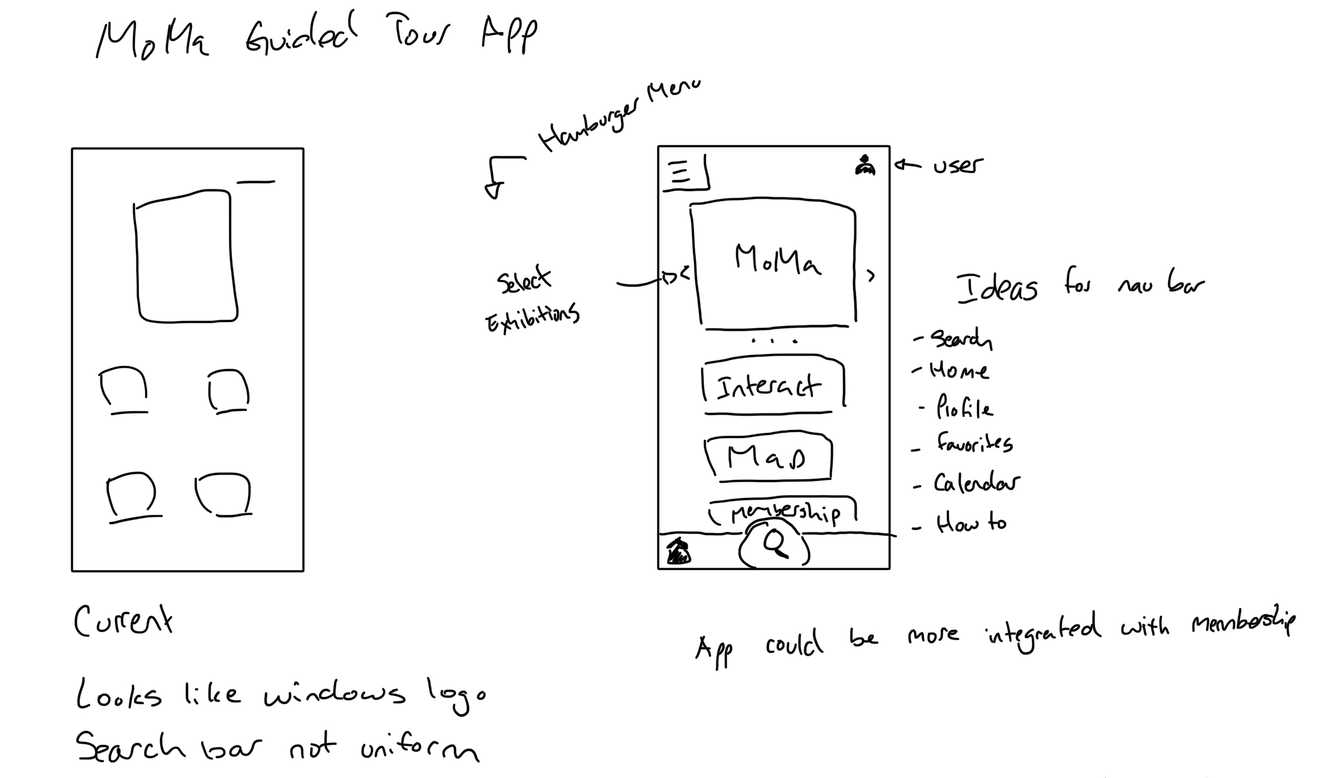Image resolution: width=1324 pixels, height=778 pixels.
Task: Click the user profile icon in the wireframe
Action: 865,165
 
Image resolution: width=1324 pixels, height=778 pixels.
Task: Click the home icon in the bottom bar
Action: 678,551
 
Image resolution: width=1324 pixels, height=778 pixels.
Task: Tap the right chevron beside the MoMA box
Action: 870,276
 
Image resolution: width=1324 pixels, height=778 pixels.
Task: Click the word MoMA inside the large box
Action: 777,260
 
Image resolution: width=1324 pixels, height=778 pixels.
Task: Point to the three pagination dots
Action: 774,341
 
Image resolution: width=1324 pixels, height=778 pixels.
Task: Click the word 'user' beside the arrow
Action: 958,166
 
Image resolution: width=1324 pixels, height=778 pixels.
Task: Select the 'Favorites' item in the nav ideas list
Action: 974,443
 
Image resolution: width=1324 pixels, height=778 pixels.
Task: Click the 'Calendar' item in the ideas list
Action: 977,483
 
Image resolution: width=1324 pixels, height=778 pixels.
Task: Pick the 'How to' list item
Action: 971,523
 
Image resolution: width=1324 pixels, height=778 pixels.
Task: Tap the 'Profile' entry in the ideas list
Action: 964,407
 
